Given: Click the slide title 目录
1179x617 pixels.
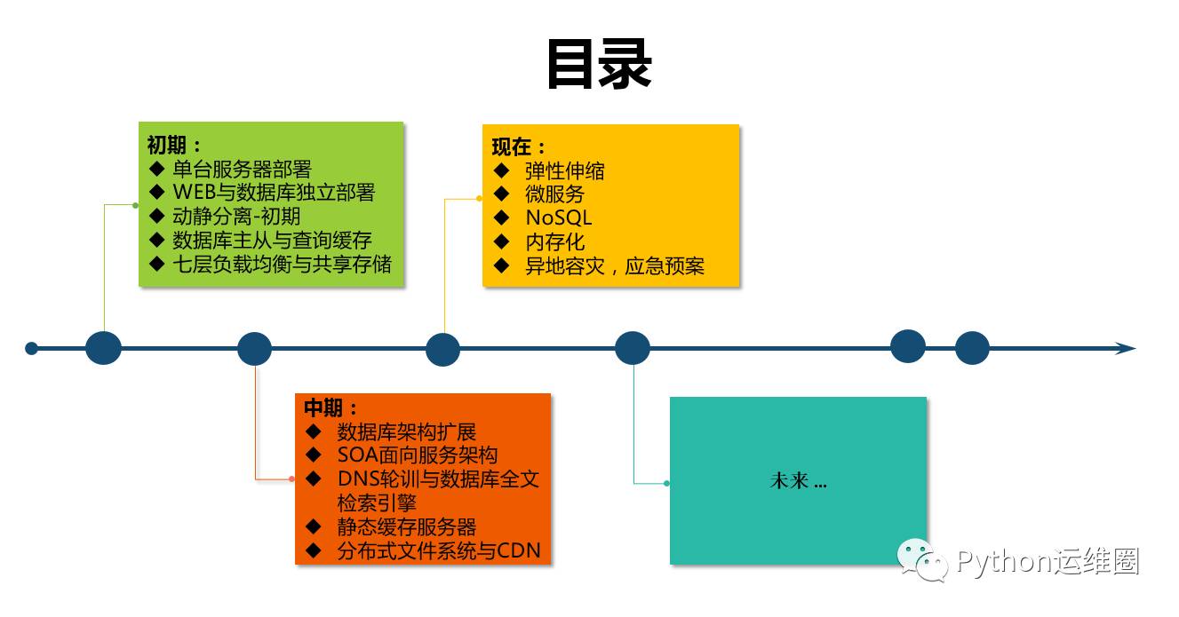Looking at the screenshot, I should click(599, 65).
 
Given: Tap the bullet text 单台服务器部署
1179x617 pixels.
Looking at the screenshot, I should click(242, 169).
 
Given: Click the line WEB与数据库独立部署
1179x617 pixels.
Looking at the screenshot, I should click(274, 193).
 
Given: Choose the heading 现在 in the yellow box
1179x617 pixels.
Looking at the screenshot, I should click(514, 146).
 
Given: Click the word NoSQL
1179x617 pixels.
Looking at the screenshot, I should click(558, 218).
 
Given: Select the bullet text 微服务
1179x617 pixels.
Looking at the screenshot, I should click(554, 194).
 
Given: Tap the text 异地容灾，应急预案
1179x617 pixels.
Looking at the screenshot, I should click(615, 265).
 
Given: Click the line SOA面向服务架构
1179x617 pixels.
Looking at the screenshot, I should click(418, 455).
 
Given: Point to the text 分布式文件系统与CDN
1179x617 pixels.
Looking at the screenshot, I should click(439, 550).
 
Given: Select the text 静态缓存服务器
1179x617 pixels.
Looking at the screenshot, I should click(407, 526).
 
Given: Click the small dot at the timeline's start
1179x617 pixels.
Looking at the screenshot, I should click(32, 348).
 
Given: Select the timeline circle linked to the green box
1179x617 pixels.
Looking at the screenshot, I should click(103, 348).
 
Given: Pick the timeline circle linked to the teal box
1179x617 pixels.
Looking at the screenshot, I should click(633, 348).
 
